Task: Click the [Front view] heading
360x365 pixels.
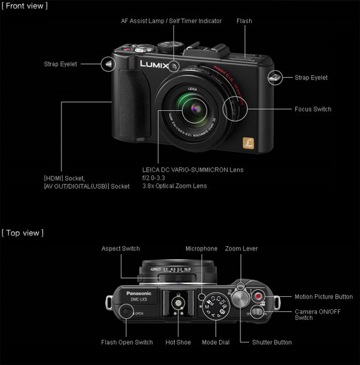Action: (x=25, y=6)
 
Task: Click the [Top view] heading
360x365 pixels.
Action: (x=23, y=233)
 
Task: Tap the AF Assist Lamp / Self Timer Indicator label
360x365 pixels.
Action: (x=172, y=21)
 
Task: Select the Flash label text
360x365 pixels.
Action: (x=244, y=21)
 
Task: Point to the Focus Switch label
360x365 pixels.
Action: (x=312, y=109)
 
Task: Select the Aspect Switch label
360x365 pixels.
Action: (x=121, y=249)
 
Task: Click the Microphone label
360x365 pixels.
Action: (x=201, y=249)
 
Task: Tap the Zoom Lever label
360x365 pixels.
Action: (x=241, y=249)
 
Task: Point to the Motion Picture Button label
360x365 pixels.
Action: (x=323, y=297)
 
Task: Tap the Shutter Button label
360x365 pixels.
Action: (x=271, y=342)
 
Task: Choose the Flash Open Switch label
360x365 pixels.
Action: (x=127, y=342)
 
